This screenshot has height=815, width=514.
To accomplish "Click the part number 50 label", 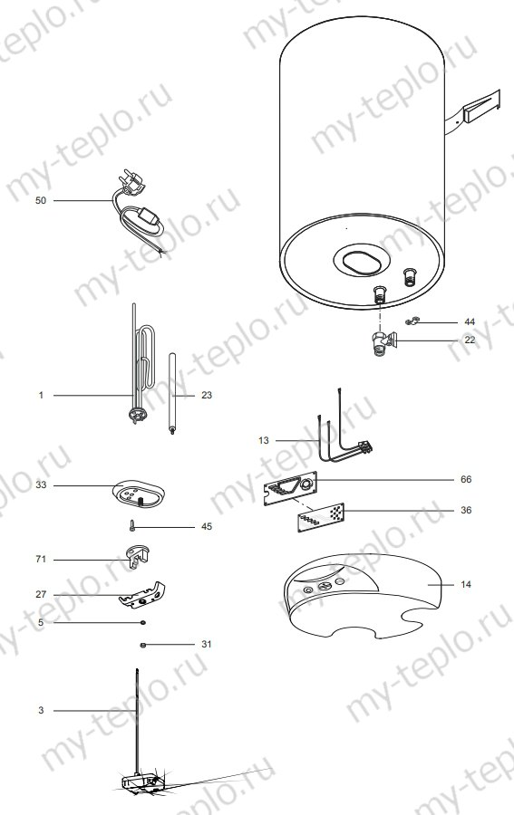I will pos(40,200).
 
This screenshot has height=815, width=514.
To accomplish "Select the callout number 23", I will pos(207,396).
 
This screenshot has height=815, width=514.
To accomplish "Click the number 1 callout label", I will pos(40,396).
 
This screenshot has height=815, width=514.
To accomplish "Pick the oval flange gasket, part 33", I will pos(140,494).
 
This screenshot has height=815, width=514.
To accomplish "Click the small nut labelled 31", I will pos(143,644).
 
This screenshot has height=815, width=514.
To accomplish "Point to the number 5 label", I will pos(40,623).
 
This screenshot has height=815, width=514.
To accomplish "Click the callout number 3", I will pos(40,711).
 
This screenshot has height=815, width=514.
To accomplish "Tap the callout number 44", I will pos(469,321).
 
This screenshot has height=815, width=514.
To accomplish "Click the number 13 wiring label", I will pos(264,440).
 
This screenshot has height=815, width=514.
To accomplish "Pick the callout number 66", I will pos(466,478).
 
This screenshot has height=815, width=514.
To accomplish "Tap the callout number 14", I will pos(466,585).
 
